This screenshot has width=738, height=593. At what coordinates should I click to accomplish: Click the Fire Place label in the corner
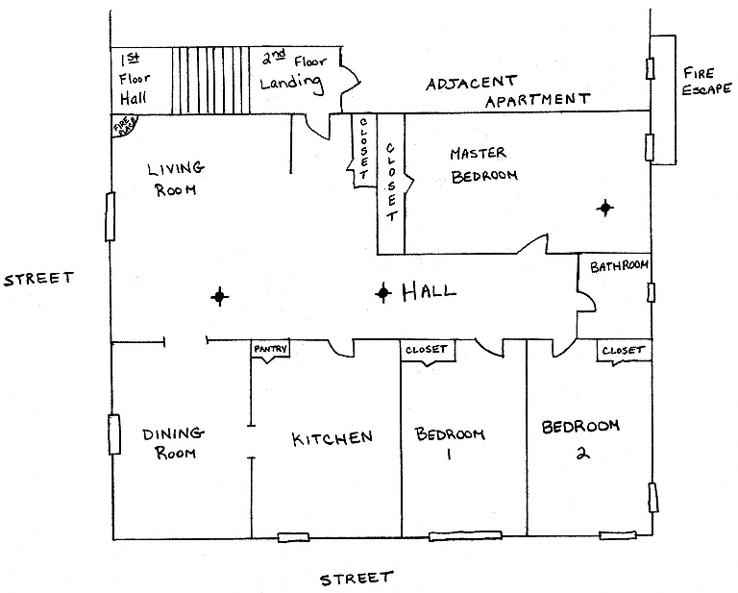125,126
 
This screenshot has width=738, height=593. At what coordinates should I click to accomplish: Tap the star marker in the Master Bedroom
605,207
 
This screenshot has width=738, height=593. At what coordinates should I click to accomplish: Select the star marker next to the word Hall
383,293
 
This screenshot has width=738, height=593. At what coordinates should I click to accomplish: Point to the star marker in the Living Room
219,297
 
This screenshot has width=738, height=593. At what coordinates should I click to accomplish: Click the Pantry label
271,349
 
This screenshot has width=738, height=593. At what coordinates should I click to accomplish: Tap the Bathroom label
619,266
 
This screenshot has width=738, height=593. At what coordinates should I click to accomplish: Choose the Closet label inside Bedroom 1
426,350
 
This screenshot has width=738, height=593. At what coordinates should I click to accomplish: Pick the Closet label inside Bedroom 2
623,351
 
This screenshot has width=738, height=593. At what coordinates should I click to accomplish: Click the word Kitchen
332,438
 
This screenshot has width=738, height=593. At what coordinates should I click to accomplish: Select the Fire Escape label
707,81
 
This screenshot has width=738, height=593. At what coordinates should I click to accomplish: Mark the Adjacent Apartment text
507,91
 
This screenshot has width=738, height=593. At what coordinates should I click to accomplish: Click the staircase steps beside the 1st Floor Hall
210,81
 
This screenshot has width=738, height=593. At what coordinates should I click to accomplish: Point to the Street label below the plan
356,579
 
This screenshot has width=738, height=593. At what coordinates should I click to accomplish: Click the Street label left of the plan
38,278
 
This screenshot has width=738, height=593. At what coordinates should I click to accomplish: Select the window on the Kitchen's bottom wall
293,537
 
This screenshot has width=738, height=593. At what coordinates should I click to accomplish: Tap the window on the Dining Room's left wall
114,434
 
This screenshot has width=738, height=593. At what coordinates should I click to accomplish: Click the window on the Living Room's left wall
111,216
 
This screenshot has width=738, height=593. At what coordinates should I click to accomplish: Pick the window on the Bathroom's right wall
651,292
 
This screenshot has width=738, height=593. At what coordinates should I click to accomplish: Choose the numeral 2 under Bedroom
582,453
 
